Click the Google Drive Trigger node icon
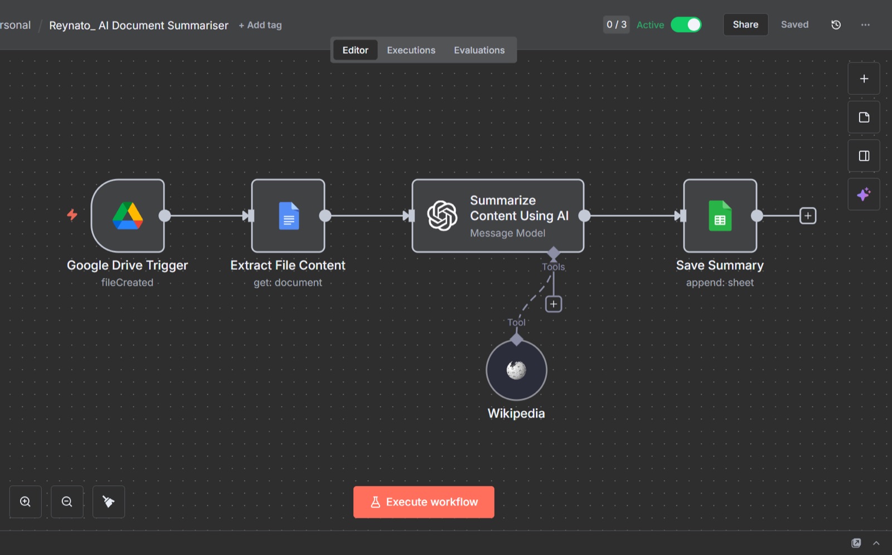click(128, 215)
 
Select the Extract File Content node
click(288, 215)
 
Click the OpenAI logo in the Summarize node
click(442, 215)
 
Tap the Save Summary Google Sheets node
click(720, 215)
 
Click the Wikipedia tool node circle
click(516, 370)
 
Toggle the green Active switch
click(686, 25)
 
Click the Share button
click(745, 25)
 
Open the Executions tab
click(411, 50)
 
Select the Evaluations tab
click(479, 50)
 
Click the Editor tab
click(355, 50)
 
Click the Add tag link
click(260, 25)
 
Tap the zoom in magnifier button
click(26, 501)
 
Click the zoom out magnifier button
click(67, 501)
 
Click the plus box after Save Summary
click(808, 216)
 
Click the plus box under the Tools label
click(554, 305)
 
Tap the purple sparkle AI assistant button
click(864, 195)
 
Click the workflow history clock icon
click(836, 25)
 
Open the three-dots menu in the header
click(865, 25)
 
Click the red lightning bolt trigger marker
click(72, 215)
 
